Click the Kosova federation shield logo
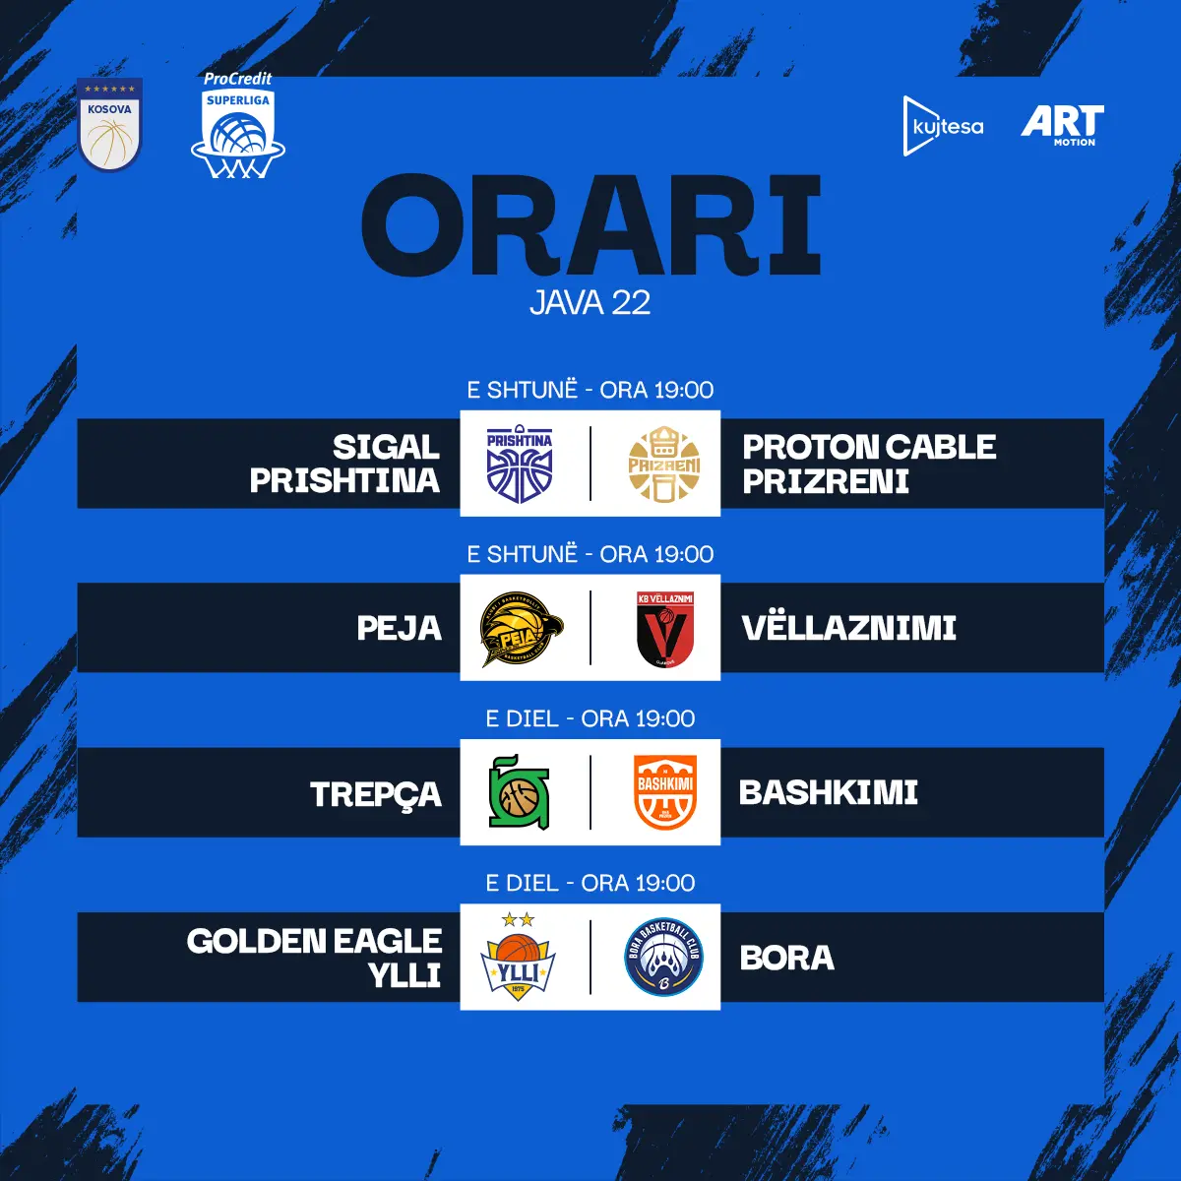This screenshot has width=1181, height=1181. tap(110, 124)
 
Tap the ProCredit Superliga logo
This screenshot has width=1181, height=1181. tap(238, 125)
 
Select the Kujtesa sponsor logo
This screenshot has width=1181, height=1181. tap(943, 126)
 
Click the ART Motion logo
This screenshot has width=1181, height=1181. tap(1062, 126)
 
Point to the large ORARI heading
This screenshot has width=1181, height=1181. tap(590, 225)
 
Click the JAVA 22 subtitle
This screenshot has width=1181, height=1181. tap(590, 303)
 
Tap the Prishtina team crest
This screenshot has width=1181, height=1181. tap(520, 464)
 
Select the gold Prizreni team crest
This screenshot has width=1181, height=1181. tap(664, 464)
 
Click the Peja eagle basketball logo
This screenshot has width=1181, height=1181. tap(522, 629)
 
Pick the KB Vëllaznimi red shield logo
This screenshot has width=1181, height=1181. tap(665, 629)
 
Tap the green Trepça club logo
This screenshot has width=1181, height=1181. tap(519, 792)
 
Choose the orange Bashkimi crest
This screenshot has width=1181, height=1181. tap(665, 792)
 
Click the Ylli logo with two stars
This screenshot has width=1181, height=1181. tap(519, 958)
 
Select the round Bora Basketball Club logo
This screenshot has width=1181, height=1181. tap(663, 958)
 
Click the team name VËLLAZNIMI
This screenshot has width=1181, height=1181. tap(848, 628)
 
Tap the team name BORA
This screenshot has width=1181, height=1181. tap(787, 958)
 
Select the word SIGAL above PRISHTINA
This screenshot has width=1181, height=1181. tap(386, 447)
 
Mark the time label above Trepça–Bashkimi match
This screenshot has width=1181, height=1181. tap(590, 718)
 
